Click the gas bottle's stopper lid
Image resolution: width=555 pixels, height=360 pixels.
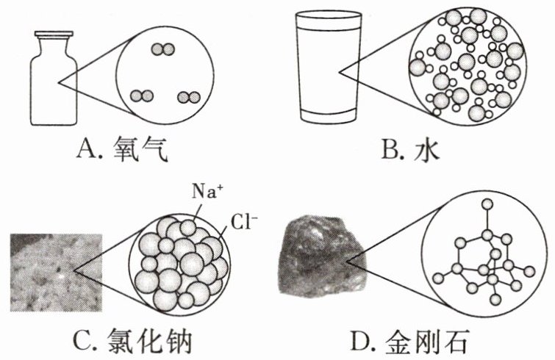[x=53, y=33]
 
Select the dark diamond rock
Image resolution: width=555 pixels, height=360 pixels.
[x=318, y=256]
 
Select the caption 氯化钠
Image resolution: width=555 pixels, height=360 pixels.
[x=160, y=341]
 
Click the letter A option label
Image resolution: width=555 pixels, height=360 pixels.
[x=87, y=153]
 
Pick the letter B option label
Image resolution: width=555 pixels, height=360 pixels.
[x=392, y=153]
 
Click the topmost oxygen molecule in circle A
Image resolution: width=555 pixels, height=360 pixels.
[x=162, y=49]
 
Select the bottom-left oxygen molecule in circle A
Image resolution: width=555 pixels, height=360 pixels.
[x=140, y=96]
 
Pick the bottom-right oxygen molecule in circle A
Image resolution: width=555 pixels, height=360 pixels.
[x=188, y=96]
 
